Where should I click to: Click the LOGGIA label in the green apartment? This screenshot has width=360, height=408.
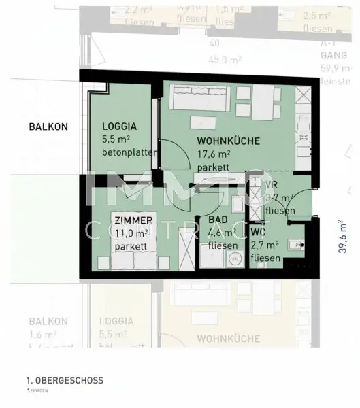(x=120, y=126)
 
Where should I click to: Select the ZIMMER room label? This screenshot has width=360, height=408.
(x=133, y=220)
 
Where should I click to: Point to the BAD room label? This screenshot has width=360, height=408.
(x=218, y=220)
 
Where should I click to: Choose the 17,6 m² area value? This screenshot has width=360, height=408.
(x=213, y=154)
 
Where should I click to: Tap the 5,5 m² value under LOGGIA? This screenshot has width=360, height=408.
(x=115, y=139)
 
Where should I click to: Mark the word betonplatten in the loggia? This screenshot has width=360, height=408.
(x=129, y=152)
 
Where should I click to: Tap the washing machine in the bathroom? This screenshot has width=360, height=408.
(x=235, y=258)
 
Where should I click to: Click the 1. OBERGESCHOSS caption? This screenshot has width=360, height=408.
(x=65, y=381)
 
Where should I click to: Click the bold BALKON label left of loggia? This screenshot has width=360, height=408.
(x=48, y=126)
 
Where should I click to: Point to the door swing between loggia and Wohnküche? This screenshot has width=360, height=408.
(x=174, y=160)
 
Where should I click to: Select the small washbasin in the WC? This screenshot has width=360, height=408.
(x=295, y=245)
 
